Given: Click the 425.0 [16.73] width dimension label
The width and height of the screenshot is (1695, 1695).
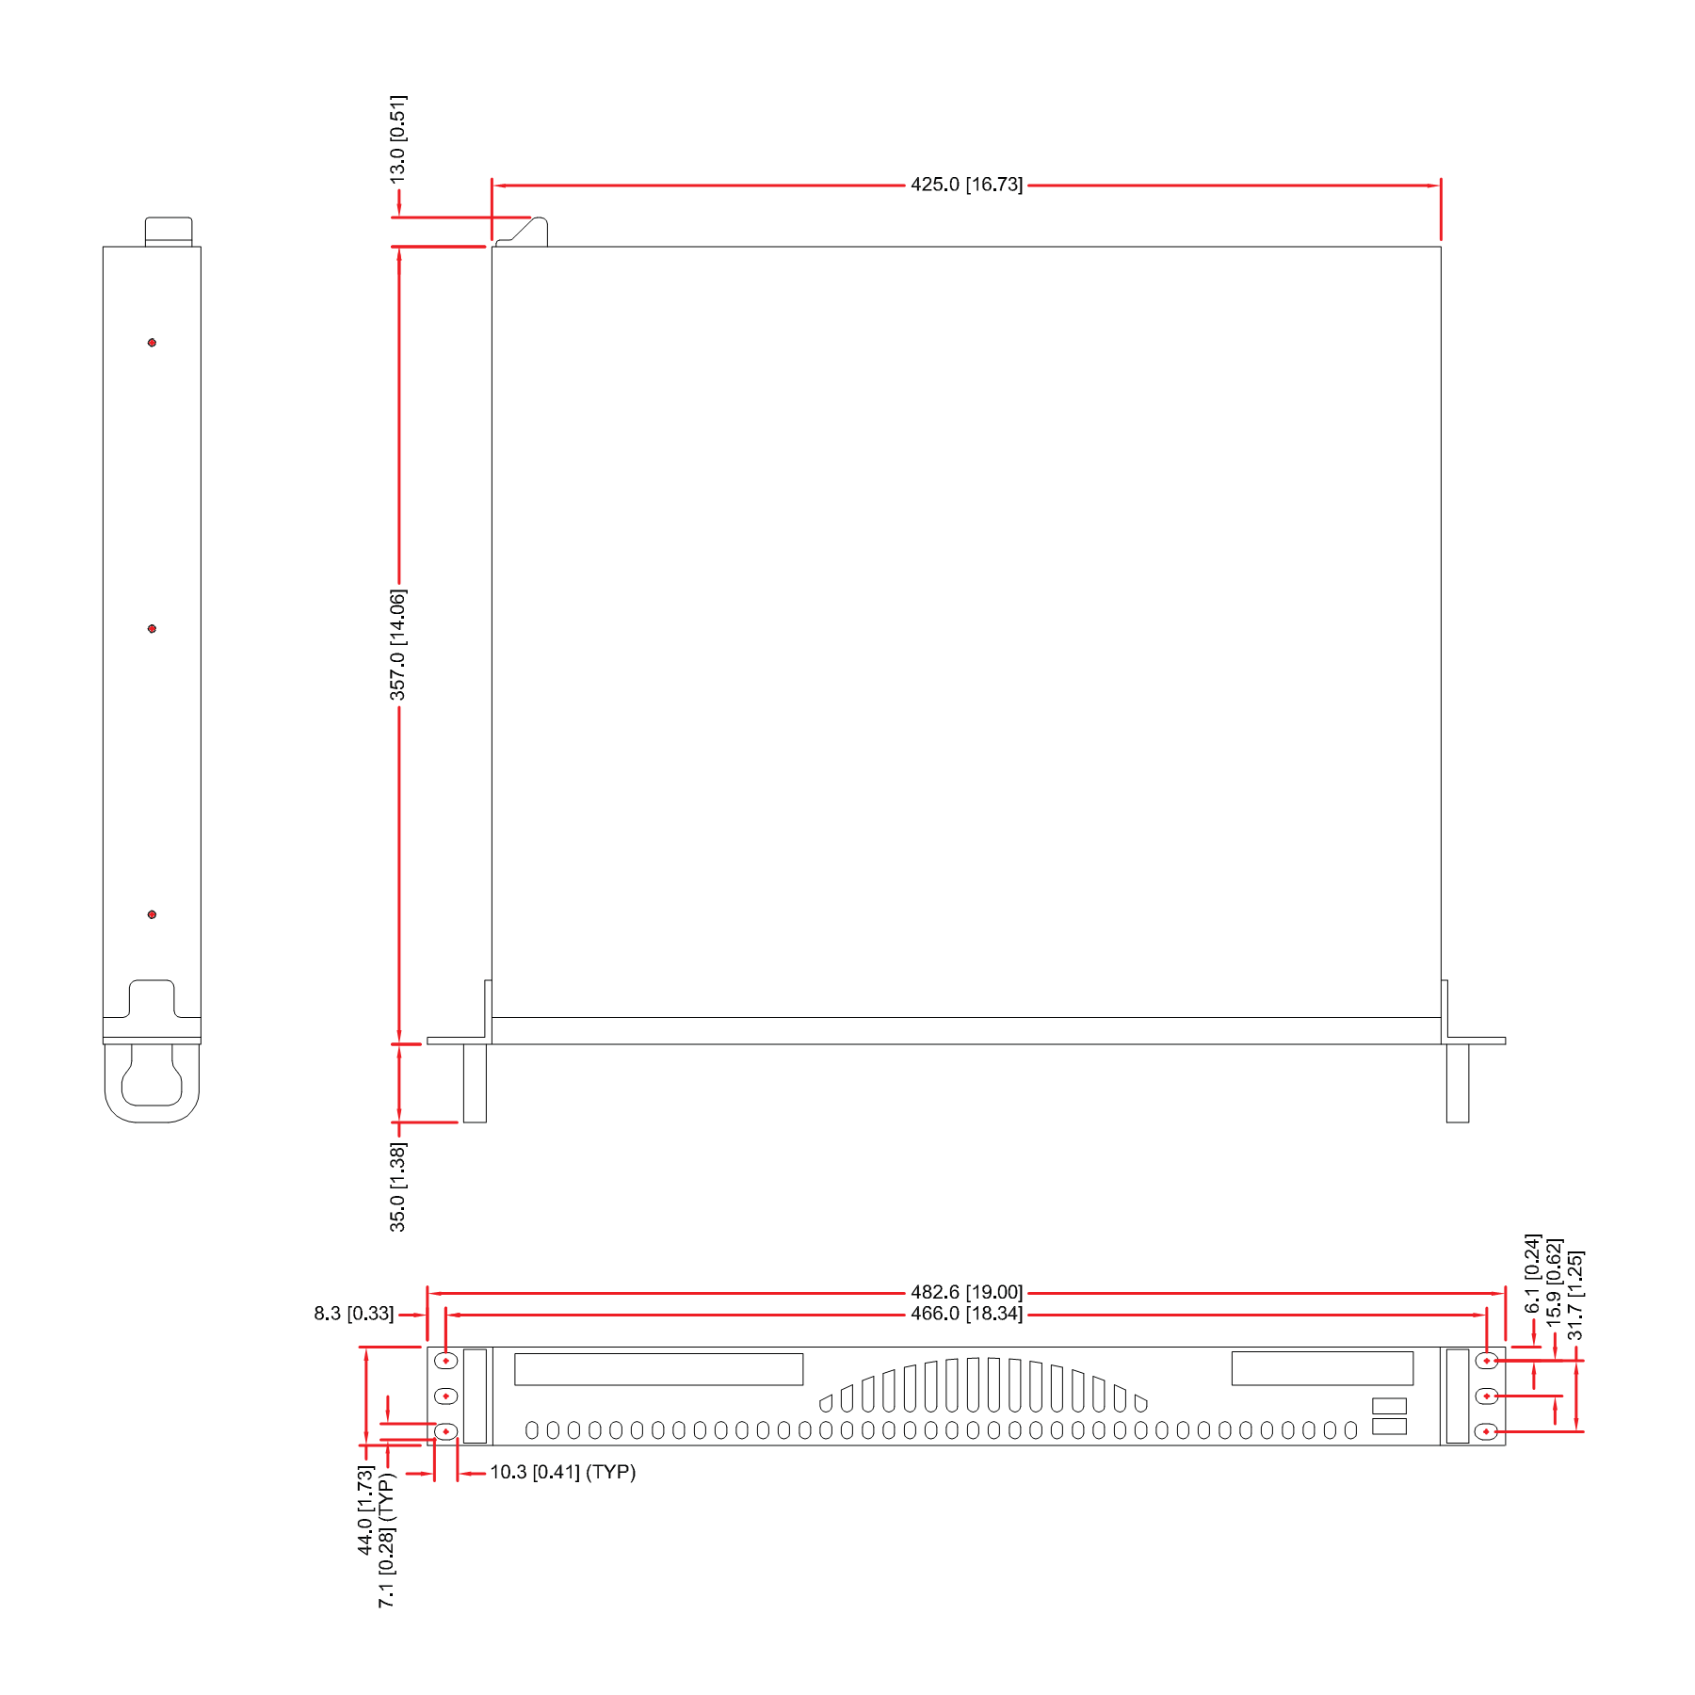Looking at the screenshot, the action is click(x=966, y=185).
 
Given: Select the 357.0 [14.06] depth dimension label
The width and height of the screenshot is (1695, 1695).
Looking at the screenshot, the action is click(x=398, y=645).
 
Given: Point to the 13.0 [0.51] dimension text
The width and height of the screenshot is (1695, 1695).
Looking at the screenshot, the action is click(x=398, y=139).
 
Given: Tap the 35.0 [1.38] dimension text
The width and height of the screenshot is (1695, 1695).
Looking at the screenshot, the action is click(x=398, y=1186).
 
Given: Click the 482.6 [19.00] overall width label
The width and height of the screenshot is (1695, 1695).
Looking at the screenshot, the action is click(x=966, y=1292).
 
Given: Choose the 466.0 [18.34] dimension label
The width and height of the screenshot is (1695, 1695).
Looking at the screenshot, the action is click(x=966, y=1314).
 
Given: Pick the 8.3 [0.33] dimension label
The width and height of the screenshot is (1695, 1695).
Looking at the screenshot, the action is click(x=354, y=1314).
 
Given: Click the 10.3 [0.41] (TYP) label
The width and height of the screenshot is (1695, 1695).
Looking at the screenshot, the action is click(x=563, y=1472).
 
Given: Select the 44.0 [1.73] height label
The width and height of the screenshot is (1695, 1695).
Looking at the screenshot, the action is click(x=365, y=1510).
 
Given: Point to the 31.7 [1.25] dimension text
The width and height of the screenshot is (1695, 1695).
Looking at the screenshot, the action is click(x=1575, y=1296).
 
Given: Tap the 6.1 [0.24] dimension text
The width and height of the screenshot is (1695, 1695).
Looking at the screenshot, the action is click(x=1533, y=1274).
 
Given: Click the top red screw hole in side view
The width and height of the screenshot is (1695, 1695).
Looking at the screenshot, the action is click(x=152, y=343).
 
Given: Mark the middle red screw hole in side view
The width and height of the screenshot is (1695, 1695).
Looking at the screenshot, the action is click(x=152, y=629).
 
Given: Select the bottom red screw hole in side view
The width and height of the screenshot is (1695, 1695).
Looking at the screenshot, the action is click(x=152, y=914).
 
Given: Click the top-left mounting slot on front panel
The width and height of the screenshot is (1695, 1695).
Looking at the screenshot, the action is click(x=445, y=1361).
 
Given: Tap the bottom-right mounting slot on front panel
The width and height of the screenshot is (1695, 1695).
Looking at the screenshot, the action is click(x=1486, y=1432).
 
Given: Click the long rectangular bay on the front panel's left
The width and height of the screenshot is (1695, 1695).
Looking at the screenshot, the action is click(x=658, y=1369).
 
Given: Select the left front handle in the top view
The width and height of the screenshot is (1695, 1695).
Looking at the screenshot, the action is click(x=475, y=1083).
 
